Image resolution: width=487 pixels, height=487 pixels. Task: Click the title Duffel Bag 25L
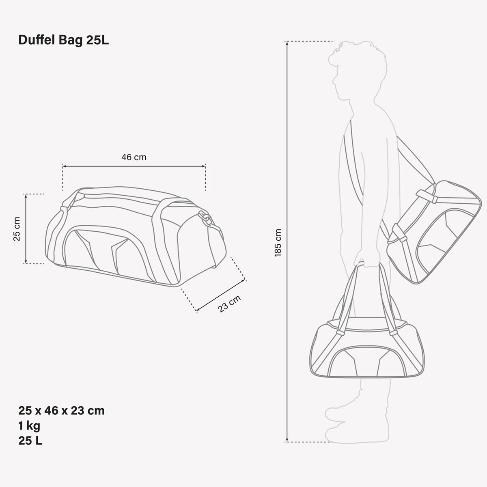63,40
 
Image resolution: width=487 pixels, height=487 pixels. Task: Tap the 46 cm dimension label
134,157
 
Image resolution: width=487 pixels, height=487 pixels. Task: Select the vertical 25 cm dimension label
17,229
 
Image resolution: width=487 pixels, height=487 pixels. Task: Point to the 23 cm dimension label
229,304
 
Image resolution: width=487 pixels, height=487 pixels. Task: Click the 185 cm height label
278,243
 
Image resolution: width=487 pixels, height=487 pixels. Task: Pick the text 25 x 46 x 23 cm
61,411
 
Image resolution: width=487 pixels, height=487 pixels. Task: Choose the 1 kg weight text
29,426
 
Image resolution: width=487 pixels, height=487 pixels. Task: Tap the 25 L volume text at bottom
30,441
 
